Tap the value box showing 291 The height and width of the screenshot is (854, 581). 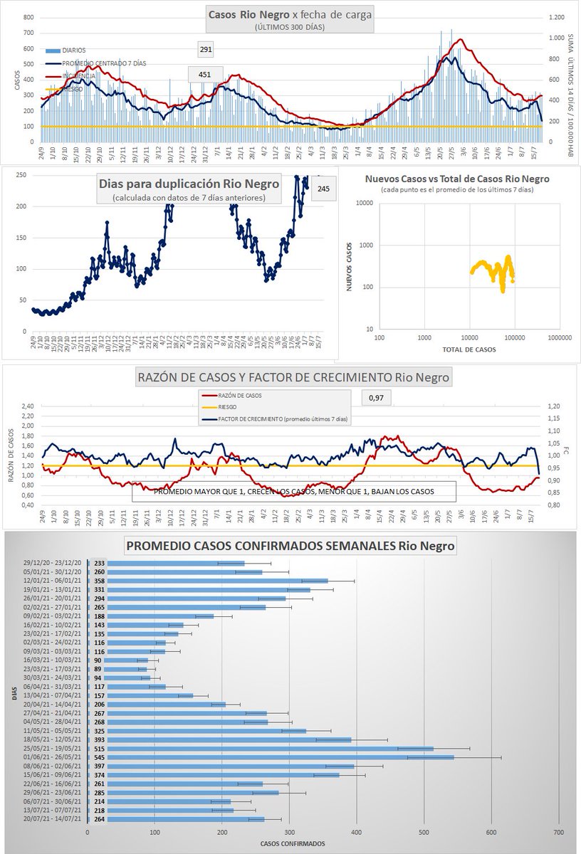[x=206, y=50]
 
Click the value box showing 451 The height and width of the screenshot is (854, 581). [x=204, y=75]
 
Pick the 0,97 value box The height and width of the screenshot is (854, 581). [x=375, y=398]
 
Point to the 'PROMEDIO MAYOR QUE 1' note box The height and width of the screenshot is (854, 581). [x=293, y=491]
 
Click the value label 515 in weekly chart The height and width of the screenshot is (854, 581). [x=99, y=749]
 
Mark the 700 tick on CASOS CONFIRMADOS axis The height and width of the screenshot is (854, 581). [x=558, y=832]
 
